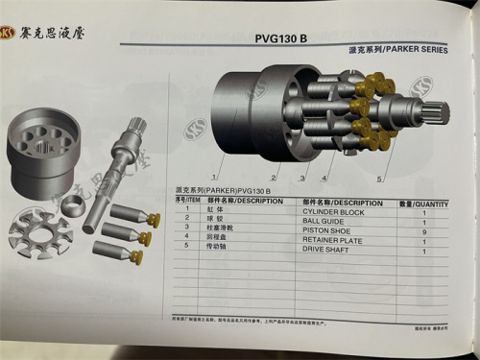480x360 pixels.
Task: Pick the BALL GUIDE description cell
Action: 326,220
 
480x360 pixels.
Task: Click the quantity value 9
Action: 423,230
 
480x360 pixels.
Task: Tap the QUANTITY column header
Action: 423,203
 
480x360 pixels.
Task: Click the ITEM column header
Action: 187,202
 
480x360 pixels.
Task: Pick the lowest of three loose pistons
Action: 121,252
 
